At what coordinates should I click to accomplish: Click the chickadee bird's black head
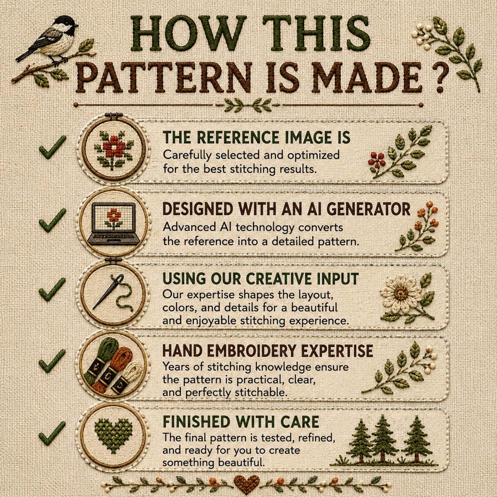[x=65, y=24]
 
